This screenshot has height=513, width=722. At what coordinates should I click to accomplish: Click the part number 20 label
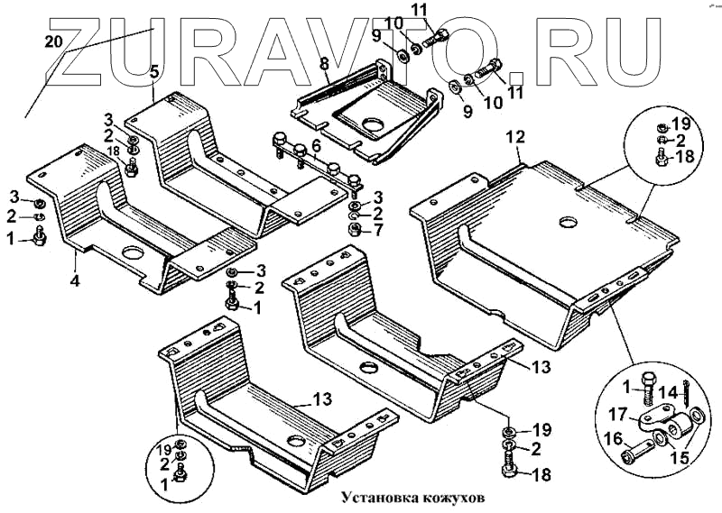(x=53, y=41)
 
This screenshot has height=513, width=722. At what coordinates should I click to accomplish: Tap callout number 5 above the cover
(x=154, y=70)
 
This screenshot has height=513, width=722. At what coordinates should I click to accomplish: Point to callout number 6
(x=316, y=146)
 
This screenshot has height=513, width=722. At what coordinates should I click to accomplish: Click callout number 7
(x=378, y=230)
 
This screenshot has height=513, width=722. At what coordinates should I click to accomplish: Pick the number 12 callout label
(x=514, y=137)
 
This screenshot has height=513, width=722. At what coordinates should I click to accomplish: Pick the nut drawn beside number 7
(x=356, y=229)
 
